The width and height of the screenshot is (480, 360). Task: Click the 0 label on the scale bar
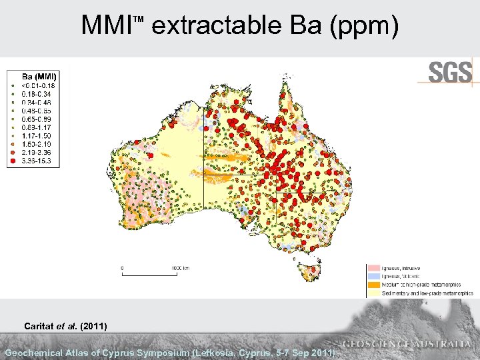122,268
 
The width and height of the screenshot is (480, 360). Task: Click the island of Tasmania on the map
311,271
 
